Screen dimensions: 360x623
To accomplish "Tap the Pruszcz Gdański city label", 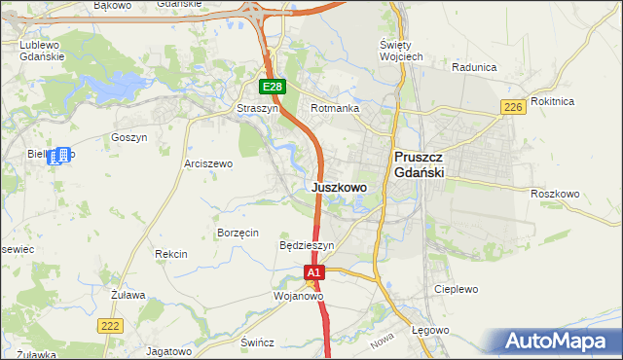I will point(420,163).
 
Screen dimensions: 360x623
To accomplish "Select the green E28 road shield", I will point(273,88).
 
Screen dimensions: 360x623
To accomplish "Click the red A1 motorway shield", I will point(313,274).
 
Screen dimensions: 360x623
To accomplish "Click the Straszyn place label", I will point(258,109).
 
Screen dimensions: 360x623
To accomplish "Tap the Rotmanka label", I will point(335,109).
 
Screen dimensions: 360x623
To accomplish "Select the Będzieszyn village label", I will point(307,246).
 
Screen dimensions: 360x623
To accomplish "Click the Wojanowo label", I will point(298,296).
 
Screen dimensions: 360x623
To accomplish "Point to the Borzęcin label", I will point(238,234).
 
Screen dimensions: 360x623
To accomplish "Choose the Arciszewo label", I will point(208,164).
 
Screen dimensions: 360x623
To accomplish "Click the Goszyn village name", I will point(128,138).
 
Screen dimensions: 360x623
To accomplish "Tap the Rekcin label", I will point(170,254).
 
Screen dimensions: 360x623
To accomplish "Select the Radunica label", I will point(475,67).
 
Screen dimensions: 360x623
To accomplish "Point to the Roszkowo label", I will point(555,194).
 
